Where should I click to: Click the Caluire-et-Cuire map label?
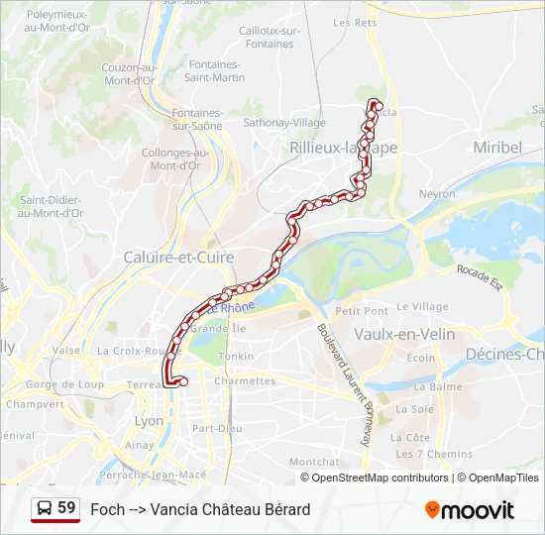point(178,258)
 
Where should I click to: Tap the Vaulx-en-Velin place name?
point(404,335)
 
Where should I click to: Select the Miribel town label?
point(497,147)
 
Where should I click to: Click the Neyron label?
point(436,195)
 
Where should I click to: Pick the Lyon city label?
point(149,420)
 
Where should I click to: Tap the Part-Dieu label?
point(217,429)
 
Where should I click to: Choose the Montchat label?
point(314,462)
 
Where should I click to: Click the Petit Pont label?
point(362,311)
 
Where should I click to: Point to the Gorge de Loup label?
point(65,383)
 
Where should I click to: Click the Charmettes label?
point(245,380)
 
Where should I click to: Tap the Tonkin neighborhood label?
point(236,356)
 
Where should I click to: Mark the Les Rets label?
point(356,22)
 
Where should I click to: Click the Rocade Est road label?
point(480,276)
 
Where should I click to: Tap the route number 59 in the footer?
point(66,508)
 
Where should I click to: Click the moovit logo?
point(470,510)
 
